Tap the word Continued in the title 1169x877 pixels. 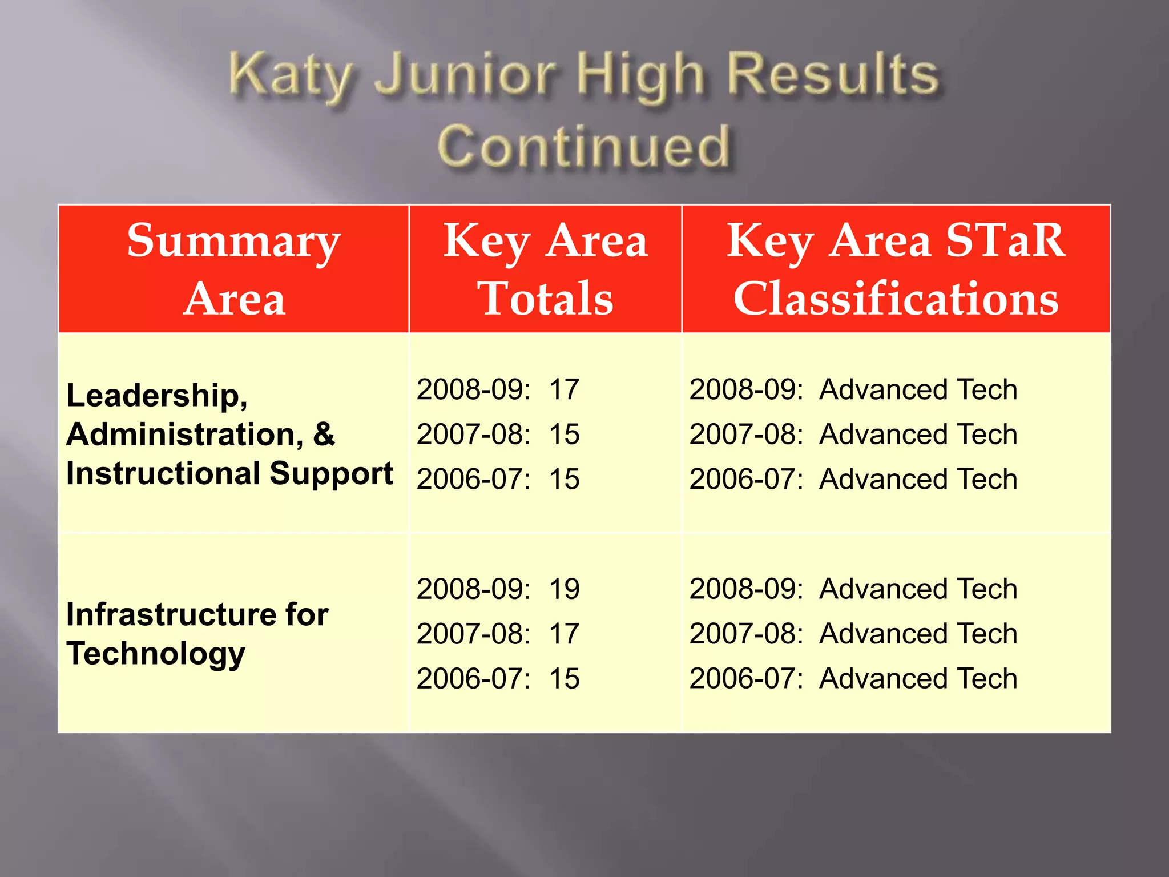583,147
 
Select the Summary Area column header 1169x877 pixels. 234,269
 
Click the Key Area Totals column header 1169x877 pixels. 545,269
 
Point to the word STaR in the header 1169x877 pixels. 1005,240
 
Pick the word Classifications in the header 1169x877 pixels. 896,299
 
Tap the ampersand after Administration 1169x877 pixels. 323,435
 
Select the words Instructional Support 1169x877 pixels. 229,473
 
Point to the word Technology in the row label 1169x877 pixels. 156,654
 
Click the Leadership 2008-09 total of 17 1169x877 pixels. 564,390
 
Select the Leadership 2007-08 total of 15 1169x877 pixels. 564,435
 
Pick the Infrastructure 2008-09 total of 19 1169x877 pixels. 564,589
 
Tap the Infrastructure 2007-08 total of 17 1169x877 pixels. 564,634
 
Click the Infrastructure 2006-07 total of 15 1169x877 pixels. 564,679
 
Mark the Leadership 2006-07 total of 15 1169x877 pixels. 564,479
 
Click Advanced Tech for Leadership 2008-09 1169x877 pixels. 918,390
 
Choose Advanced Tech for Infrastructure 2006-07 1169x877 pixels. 918,679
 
